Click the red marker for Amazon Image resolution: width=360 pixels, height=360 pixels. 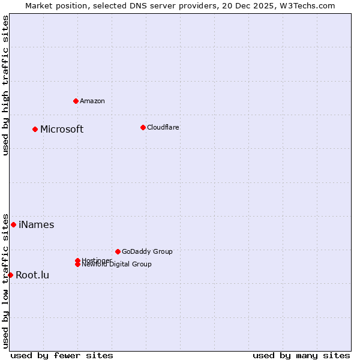click(x=76, y=101)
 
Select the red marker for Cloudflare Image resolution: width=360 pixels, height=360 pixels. click(x=143, y=127)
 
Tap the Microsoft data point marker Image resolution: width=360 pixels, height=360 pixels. click(x=35, y=129)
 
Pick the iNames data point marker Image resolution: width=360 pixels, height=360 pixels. click(x=13, y=224)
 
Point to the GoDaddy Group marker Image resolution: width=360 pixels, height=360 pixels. click(x=118, y=251)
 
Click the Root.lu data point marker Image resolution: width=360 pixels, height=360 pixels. click(x=10, y=275)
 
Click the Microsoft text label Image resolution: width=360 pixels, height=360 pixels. click(x=62, y=129)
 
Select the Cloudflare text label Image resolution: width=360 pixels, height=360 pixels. click(x=163, y=127)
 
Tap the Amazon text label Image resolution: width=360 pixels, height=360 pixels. click(x=92, y=101)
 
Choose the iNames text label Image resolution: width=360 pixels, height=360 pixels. click(x=36, y=225)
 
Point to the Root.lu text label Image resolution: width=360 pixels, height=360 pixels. click(x=32, y=275)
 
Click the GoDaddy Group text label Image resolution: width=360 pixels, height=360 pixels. click(x=147, y=251)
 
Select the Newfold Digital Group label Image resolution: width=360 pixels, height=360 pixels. click(x=116, y=264)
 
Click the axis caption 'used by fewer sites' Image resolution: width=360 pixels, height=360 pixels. click(x=62, y=355)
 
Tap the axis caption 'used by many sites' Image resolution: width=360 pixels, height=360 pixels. click(x=301, y=355)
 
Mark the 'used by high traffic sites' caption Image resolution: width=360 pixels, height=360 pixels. click(x=6, y=85)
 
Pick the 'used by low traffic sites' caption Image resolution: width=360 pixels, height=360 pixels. click(x=6, y=280)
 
